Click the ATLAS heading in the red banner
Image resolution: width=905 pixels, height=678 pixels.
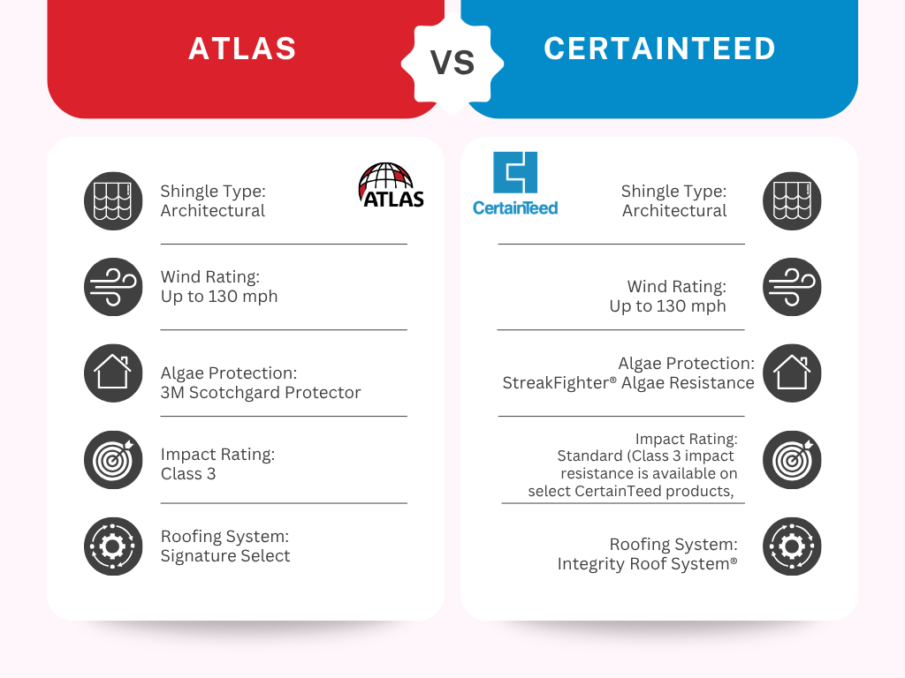pyautogui.click(x=242, y=49)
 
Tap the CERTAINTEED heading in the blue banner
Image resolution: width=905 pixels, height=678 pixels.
pyautogui.click(x=659, y=49)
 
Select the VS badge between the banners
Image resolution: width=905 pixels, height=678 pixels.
pyautogui.click(x=452, y=63)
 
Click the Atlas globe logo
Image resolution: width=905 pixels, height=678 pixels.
pyautogui.click(x=392, y=185)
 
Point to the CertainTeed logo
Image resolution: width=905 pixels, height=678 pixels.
pyautogui.click(x=515, y=184)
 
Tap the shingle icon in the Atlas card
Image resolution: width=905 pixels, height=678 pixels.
pyautogui.click(x=113, y=200)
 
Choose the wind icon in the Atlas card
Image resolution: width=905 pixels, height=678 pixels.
pyautogui.click(x=113, y=287)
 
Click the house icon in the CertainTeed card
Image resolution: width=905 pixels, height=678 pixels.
pyautogui.click(x=792, y=373)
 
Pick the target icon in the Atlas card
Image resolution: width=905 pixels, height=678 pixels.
pyautogui.click(x=113, y=459)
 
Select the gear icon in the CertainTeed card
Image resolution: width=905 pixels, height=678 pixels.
pyautogui.click(x=792, y=546)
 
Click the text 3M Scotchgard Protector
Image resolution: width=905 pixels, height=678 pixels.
pyautogui.click(x=261, y=393)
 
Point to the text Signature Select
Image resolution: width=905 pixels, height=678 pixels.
pyautogui.click(x=225, y=556)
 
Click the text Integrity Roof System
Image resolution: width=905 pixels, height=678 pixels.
pyautogui.click(x=643, y=564)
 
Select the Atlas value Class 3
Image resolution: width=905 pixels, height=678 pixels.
pyautogui.click(x=188, y=474)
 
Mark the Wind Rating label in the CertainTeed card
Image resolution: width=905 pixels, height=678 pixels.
pyautogui.click(x=676, y=287)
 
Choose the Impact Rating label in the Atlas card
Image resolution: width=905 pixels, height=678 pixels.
pyautogui.click(x=217, y=455)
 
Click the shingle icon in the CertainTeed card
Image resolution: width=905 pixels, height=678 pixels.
pyautogui.click(x=792, y=200)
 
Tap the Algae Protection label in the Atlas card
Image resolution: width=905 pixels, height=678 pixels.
pyautogui.click(x=229, y=373)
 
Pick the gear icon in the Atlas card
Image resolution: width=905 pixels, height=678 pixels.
pyautogui.click(x=113, y=546)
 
